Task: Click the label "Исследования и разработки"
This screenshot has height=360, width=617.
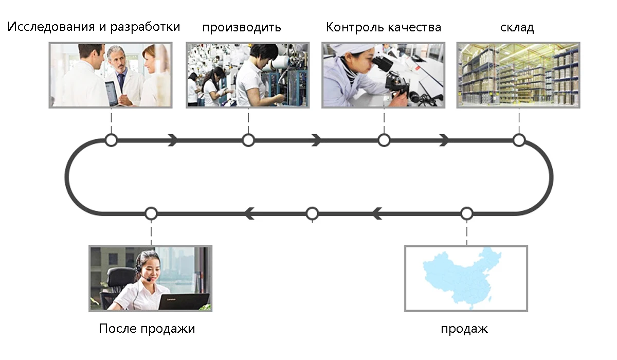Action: point(94,27)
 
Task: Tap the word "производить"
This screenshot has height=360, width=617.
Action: point(242,27)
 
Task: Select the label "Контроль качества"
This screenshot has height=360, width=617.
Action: point(384,27)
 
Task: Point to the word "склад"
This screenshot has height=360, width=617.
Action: point(517,28)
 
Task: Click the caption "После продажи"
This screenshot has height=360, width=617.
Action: point(147,329)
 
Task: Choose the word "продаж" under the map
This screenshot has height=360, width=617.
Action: point(464,329)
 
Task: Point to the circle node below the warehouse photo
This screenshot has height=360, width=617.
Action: point(519,140)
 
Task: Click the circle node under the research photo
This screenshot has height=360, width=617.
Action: point(111,140)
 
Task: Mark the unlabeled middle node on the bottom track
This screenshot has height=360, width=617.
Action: point(312,213)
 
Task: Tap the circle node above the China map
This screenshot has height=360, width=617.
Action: point(466,213)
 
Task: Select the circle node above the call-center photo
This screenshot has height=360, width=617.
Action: point(151,213)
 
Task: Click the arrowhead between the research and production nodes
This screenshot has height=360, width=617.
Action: point(173,140)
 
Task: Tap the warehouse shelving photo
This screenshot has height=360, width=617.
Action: point(518,75)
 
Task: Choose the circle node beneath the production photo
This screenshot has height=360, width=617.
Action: point(248,140)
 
